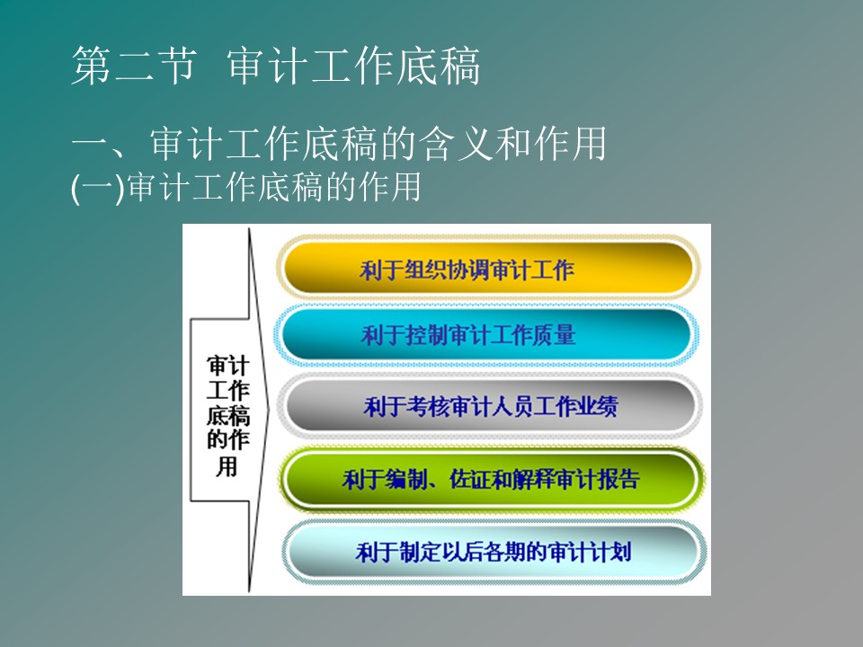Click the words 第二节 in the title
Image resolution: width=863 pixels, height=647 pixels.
pyautogui.click(x=134, y=66)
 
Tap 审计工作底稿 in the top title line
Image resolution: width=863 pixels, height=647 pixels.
pyautogui.click(x=353, y=66)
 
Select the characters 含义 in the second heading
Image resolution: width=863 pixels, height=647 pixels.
pyautogui.click(x=457, y=144)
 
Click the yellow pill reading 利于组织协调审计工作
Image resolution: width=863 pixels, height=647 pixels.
pyautogui.click(x=488, y=268)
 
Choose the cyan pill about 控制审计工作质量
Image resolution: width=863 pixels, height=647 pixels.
pyautogui.click(x=487, y=334)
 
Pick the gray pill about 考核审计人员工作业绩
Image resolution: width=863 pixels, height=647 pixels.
pyautogui.click(x=489, y=406)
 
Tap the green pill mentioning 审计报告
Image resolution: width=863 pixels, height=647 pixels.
pyautogui.click(x=491, y=479)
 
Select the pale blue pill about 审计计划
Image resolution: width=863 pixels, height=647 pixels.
pyautogui.click(x=494, y=551)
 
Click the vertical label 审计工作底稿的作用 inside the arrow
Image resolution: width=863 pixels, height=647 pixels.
pyautogui.click(x=227, y=416)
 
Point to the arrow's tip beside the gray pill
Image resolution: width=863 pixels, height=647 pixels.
pyautogui.click(x=269, y=410)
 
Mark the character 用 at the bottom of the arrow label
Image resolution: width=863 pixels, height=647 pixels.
pyautogui.click(x=227, y=466)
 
